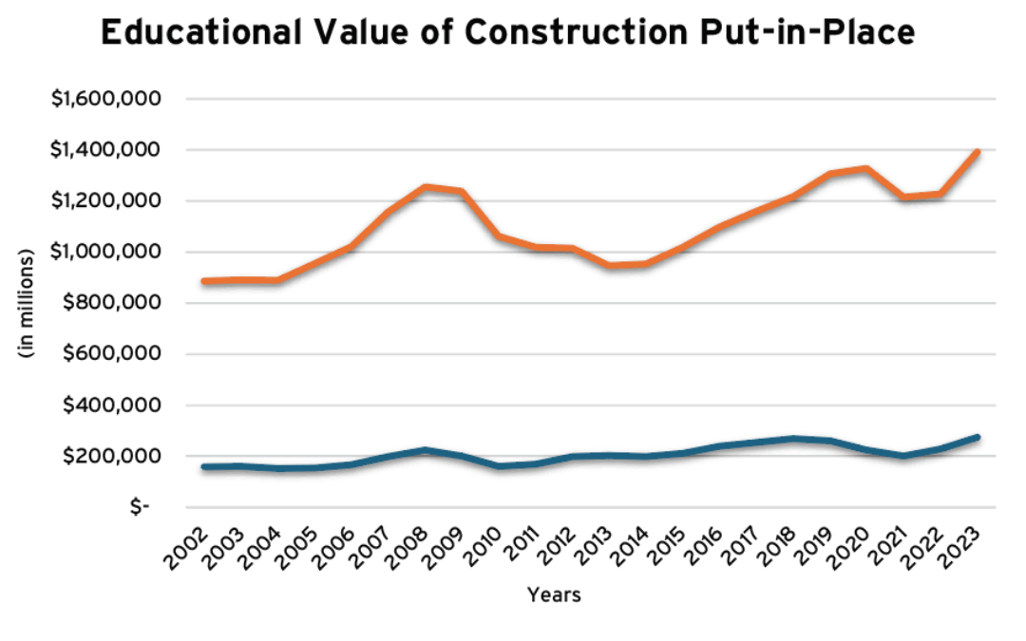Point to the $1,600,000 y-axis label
[108, 99]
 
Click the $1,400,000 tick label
[108, 150]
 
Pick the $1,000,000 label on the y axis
[108, 252]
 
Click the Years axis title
[554, 596]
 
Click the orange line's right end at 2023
[978, 152]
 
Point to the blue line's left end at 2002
[203, 467]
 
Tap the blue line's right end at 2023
[978, 438]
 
